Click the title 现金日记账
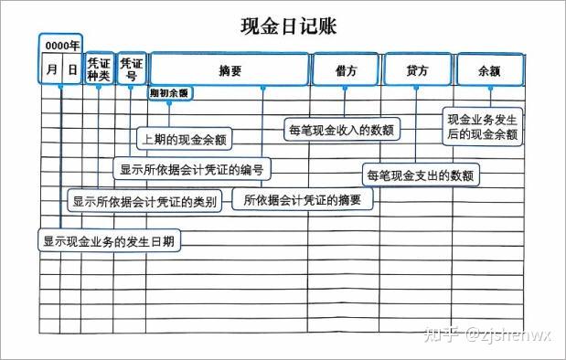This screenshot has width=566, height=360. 288,26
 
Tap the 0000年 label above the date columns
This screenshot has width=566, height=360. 62,46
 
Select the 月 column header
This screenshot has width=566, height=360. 52,69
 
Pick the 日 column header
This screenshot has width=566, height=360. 72,69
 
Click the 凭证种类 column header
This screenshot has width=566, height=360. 99,69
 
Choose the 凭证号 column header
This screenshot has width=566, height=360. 131,69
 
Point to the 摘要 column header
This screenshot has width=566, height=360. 230,70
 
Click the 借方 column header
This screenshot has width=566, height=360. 346,70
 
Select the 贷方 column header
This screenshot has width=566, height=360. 417,70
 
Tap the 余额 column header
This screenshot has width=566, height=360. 489,71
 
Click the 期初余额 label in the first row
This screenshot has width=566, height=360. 169,93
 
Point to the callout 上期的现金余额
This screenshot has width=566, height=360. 184,139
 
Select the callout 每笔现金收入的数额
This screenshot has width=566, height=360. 342,130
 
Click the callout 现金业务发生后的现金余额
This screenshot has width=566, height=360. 483,127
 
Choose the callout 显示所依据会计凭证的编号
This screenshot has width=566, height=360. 192,169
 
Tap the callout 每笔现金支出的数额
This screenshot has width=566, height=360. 421,175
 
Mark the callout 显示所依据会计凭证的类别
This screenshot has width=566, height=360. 144,201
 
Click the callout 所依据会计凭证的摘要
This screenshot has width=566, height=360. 302,199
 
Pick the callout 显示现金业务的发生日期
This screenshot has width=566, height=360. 109,240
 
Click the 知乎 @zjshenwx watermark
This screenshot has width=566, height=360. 488,334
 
